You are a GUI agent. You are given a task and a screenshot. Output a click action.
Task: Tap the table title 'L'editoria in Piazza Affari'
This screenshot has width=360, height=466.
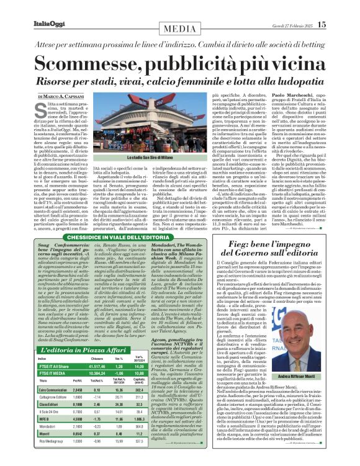click(x=78, y=352)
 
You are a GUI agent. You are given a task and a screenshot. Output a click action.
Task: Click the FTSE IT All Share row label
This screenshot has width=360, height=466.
click(x=53, y=367)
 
